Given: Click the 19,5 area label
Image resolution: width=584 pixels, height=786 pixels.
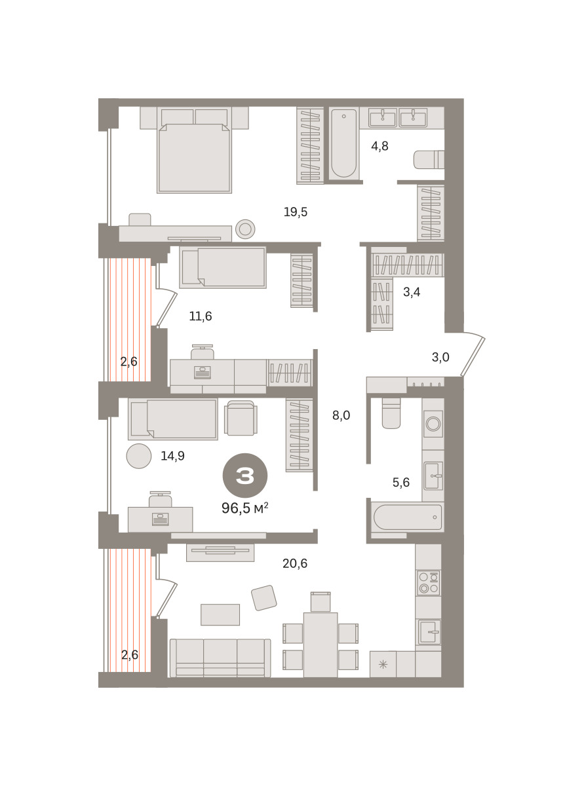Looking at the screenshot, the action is click(x=296, y=212).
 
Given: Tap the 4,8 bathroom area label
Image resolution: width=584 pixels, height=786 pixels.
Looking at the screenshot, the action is click(x=380, y=146).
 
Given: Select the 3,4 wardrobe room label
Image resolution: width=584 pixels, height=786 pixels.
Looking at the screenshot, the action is click(x=412, y=292).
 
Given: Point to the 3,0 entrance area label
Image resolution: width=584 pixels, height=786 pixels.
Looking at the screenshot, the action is click(x=440, y=357).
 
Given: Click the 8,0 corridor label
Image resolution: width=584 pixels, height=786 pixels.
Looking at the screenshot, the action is click(x=341, y=415).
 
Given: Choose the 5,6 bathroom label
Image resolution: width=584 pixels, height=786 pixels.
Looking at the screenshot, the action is click(x=401, y=482).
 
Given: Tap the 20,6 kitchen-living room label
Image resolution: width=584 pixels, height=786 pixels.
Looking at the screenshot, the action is click(x=295, y=563).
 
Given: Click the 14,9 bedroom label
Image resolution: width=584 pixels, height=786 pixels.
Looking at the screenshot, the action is click(x=172, y=456).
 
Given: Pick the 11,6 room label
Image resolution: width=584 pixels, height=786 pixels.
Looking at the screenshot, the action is click(x=201, y=316).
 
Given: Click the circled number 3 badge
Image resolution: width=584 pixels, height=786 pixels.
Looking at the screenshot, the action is click(x=245, y=476).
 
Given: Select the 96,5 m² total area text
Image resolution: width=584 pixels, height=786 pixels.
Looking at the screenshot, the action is click(x=245, y=508).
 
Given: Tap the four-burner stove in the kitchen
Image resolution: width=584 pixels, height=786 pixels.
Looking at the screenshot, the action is click(x=429, y=582).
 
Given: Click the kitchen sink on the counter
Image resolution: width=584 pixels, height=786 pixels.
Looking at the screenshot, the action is click(x=429, y=632).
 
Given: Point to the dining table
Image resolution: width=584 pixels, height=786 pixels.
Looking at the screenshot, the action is click(x=321, y=645).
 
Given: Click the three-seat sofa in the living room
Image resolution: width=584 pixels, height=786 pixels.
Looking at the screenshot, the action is click(x=220, y=658).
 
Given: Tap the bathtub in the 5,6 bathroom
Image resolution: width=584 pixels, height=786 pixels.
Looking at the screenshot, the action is click(x=408, y=517).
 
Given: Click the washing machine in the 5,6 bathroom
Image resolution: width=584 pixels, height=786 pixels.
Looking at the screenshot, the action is click(x=433, y=424).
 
